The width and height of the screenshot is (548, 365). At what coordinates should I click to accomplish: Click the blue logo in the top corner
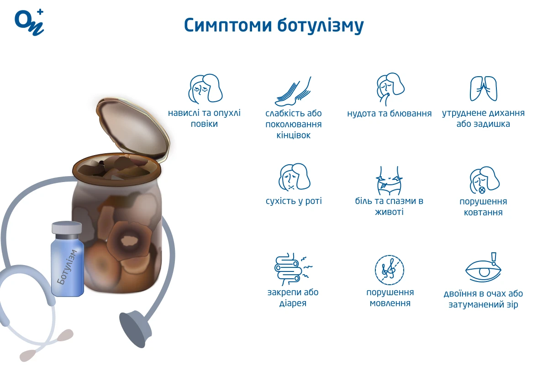pos(29,22)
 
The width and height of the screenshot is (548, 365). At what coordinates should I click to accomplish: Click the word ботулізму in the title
pos(321,26)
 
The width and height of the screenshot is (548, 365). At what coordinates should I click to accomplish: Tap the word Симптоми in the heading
pos(228,25)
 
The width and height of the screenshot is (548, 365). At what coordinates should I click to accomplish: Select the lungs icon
pos(484,89)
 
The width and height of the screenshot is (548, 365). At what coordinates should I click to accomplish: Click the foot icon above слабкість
pos(293,91)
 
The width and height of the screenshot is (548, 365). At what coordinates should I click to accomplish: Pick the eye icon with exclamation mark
pos(484,268)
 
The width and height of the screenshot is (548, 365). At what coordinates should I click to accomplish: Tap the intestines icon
pos(293,269)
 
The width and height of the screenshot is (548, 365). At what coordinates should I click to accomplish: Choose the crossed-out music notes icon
pos(390,270)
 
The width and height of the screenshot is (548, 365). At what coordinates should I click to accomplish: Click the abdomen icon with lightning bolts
pos(389,181)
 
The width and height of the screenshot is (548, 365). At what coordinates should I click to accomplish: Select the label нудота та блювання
pos(390,114)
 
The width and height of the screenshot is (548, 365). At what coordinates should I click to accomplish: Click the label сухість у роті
pos(294,201)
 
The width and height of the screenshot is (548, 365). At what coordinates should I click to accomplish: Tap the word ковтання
pos(483,212)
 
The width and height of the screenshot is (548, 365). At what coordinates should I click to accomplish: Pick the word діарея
pos(293,303)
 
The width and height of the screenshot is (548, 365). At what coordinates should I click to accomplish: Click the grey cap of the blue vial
pos(67,228)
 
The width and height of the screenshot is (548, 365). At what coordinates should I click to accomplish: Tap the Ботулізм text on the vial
pos(67,267)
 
